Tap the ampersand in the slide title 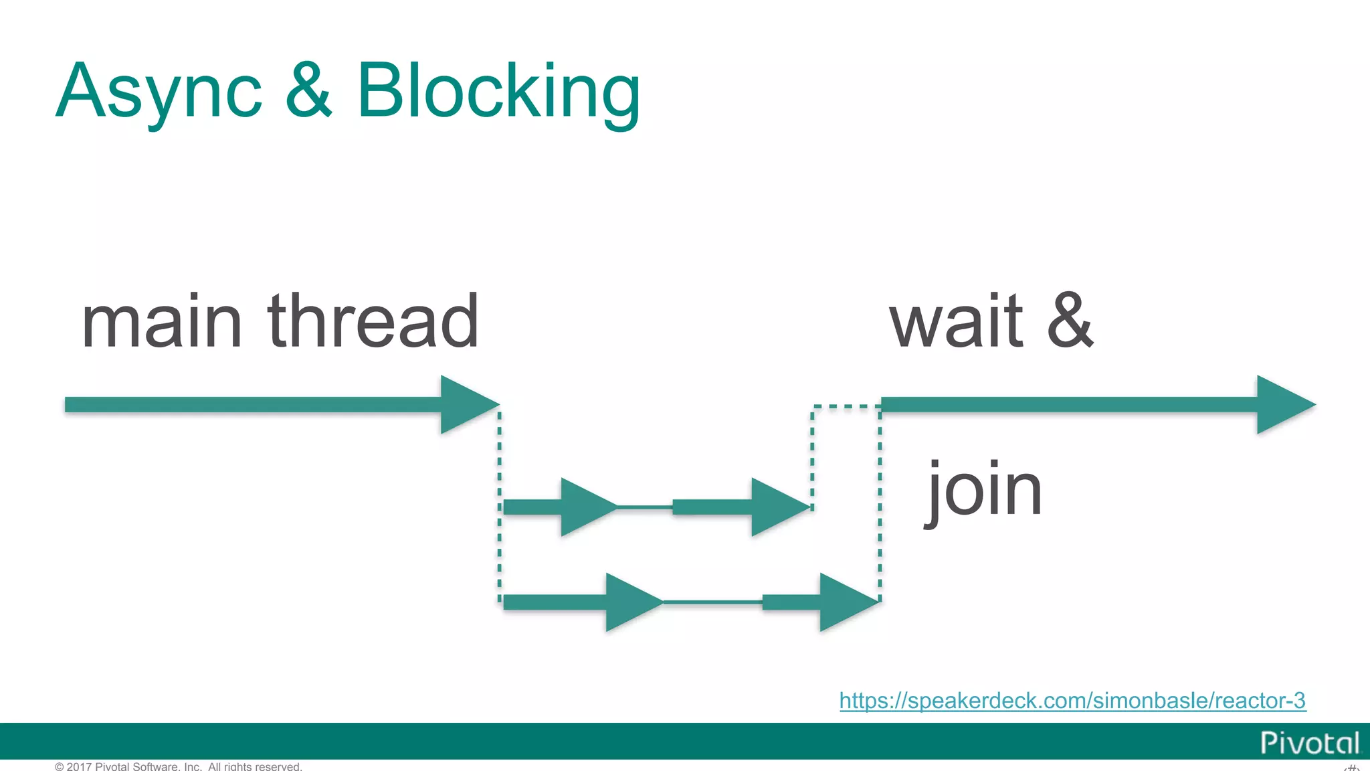(308, 90)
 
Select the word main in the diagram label (161, 323)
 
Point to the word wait (956, 323)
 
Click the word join (984, 491)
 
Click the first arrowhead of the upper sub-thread (585, 507)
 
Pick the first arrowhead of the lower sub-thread (630, 602)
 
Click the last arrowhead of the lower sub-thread (845, 602)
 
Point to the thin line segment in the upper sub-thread (644, 507)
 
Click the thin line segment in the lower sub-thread (712, 602)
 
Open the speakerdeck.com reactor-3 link (1072, 701)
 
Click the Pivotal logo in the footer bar (1309, 743)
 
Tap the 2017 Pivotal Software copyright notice (179, 766)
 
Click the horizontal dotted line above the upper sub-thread (846, 406)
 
